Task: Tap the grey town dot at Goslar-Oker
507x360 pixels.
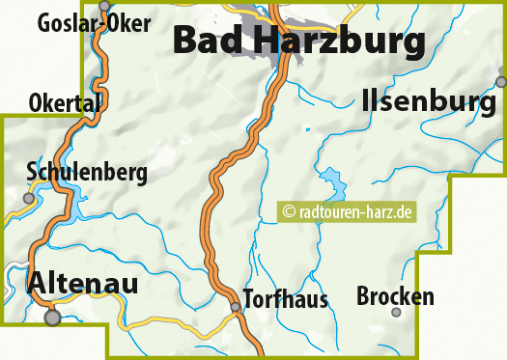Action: tap(105, 6)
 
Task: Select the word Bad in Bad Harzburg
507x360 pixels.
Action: tap(206, 42)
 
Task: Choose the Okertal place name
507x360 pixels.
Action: tap(65, 101)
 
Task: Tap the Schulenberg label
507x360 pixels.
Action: tap(87, 173)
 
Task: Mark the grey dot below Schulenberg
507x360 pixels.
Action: tap(29, 198)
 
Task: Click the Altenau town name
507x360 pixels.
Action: tap(83, 283)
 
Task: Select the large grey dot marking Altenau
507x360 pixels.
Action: tap(52, 317)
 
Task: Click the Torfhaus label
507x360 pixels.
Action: tap(286, 298)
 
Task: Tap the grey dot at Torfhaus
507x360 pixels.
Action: tap(235, 308)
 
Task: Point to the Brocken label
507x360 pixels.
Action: tap(396, 296)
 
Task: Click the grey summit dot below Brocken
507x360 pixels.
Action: tap(396, 312)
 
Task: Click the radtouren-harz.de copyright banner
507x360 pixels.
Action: tap(348, 211)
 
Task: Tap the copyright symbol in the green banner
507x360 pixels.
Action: tap(288, 211)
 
